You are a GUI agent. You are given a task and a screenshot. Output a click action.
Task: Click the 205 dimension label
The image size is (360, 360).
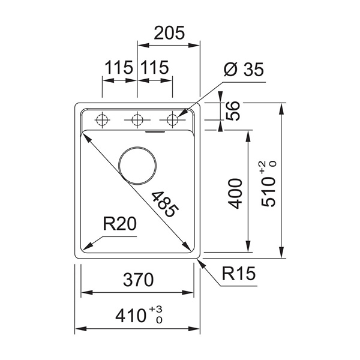169,33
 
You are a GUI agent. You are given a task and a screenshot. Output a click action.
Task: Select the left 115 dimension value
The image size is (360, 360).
119,67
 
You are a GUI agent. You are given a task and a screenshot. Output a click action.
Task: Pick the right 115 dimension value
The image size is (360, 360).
155,67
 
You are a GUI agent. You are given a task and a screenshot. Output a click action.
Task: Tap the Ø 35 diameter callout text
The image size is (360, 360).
244,69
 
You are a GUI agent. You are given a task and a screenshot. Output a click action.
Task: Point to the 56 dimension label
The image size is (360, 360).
233,111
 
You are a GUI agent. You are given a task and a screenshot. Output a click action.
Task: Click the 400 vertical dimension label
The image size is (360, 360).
235,194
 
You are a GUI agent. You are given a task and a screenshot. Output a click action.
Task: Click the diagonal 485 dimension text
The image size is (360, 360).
165,205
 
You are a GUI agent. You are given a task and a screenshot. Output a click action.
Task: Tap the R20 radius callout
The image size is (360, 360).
119,224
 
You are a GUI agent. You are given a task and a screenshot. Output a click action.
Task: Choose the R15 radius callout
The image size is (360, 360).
239,273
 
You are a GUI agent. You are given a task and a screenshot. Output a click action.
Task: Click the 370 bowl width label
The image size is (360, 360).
138,280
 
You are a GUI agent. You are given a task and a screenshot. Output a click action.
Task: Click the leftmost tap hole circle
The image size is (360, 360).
102,119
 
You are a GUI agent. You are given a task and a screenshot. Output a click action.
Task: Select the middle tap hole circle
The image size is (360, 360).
137,119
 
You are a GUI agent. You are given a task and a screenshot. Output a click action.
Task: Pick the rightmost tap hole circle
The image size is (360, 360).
172,119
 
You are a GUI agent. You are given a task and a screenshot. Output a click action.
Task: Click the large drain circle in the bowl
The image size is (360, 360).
137,166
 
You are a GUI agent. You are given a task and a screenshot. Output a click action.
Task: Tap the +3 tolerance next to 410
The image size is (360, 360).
155,309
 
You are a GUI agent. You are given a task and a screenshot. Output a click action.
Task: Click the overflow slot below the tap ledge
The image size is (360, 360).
155,131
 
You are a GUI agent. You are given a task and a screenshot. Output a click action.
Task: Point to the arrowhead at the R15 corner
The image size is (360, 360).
202,262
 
